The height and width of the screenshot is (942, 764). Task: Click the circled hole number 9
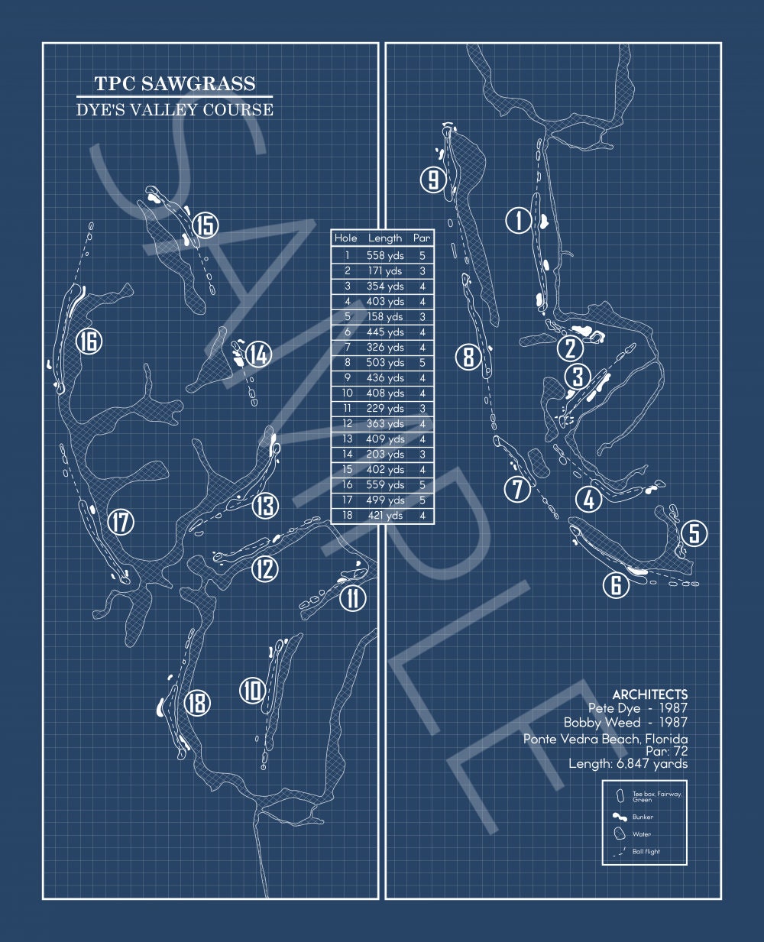433,180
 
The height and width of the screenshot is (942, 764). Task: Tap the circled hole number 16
89,342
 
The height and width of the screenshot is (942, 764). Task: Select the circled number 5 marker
694,533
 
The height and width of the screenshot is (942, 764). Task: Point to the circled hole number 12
265,568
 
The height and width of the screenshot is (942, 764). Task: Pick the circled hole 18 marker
197,703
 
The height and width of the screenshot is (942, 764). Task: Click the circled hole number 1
519,220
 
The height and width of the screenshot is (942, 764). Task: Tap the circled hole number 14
258,354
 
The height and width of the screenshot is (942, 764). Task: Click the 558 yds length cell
385,256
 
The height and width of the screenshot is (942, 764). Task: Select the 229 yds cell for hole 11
385,408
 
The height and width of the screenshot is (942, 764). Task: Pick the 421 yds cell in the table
385,515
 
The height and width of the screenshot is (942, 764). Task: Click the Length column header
385,238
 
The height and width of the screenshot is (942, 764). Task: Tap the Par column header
422,238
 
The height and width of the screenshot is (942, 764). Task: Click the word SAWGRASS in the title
198,83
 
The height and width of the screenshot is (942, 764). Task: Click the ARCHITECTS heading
650,694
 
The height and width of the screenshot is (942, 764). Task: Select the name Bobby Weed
602,722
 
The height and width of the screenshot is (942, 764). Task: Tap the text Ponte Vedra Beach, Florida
605,739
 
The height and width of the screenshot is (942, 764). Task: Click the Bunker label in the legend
643,817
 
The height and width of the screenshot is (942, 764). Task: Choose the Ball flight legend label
646,851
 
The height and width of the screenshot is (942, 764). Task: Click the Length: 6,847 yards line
628,764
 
